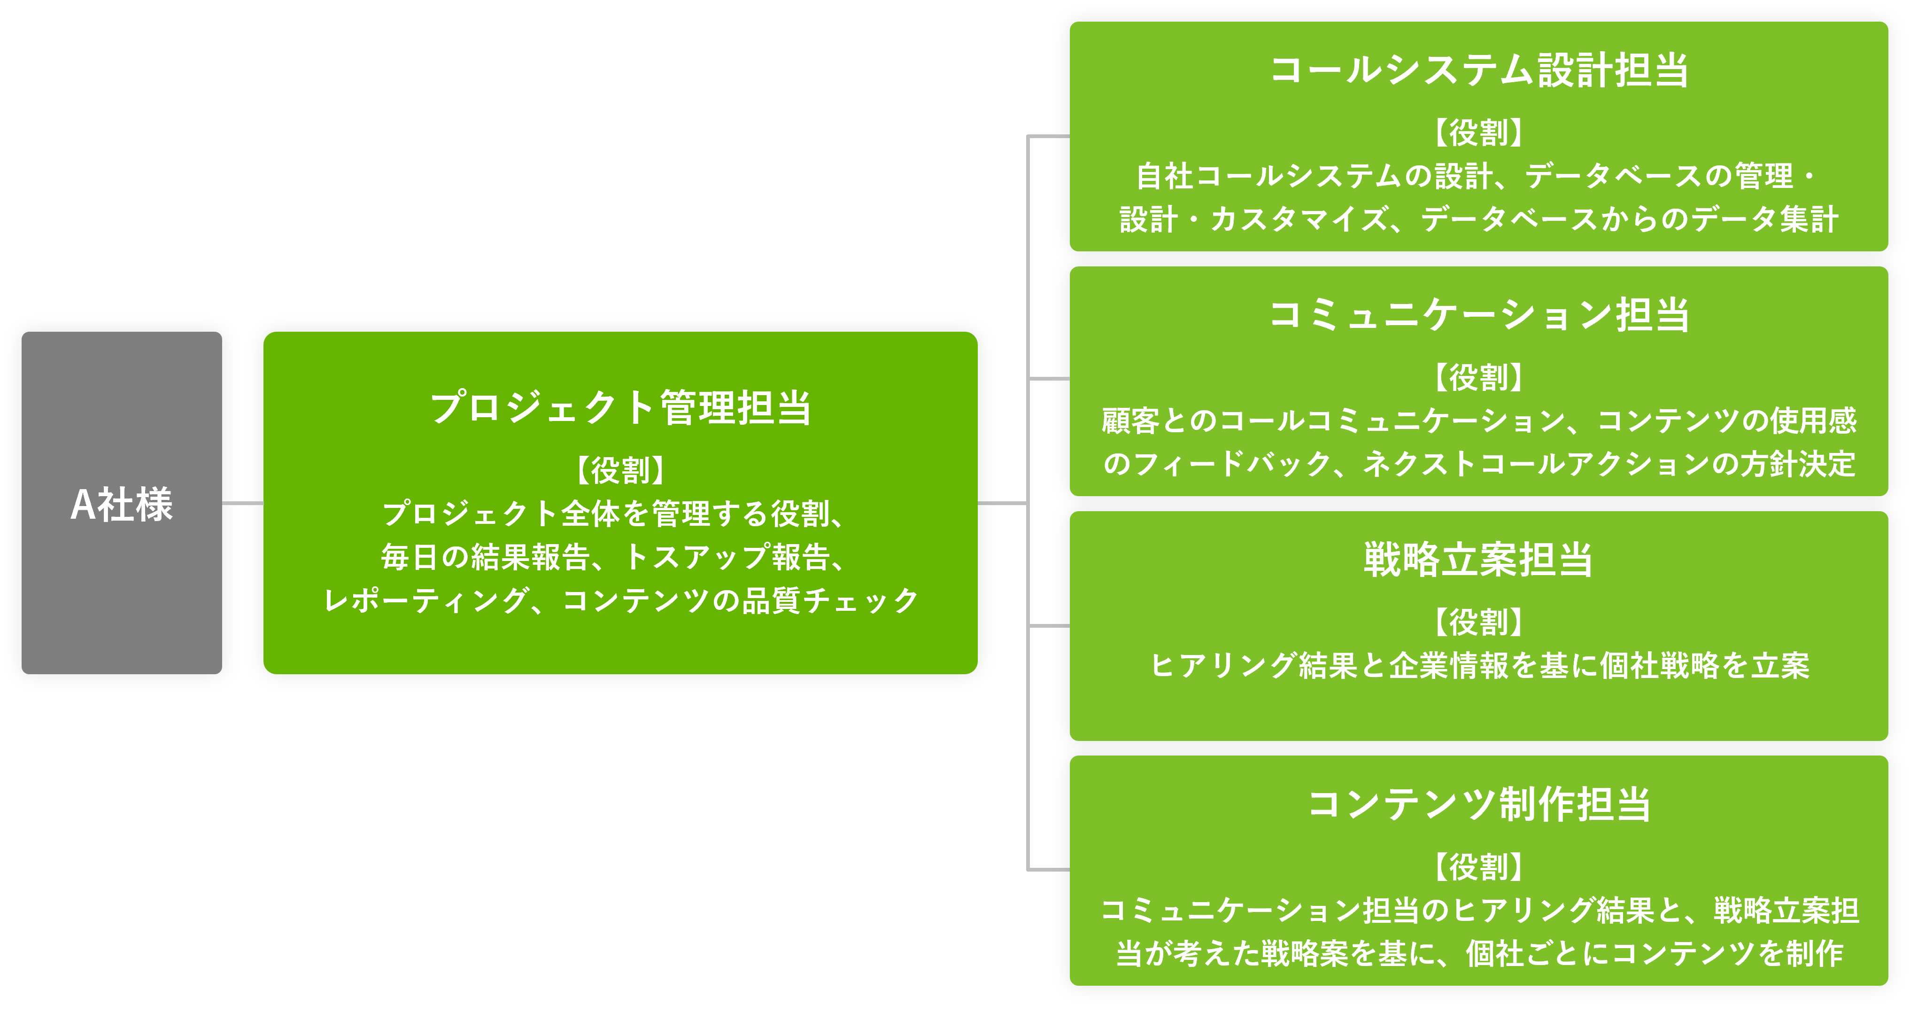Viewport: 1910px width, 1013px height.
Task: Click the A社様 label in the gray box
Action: (x=122, y=504)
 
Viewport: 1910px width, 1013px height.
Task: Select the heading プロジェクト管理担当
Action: (x=620, y=408)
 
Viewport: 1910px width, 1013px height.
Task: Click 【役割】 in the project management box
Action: (x=620, y=470)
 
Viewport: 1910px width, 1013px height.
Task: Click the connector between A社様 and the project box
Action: (x=242, y=503)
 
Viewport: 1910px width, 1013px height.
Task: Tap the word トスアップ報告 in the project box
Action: (x=727, y=557)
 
